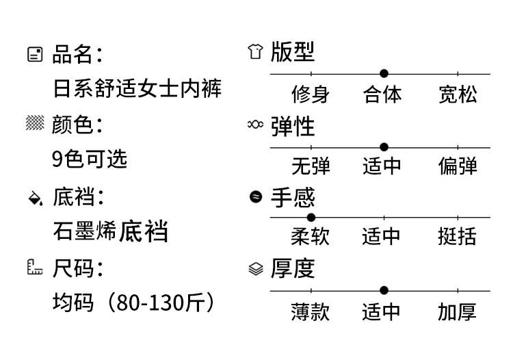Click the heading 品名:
77,54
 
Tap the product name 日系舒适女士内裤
137,89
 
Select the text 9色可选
90,159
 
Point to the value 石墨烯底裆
110,231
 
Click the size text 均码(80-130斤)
133,302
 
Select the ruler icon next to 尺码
34,268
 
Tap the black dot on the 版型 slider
384,73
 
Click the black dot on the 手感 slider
311,217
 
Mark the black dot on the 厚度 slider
384,290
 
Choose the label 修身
311,94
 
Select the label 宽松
458,94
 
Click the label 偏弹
458,166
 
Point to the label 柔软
311,237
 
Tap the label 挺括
458,237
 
